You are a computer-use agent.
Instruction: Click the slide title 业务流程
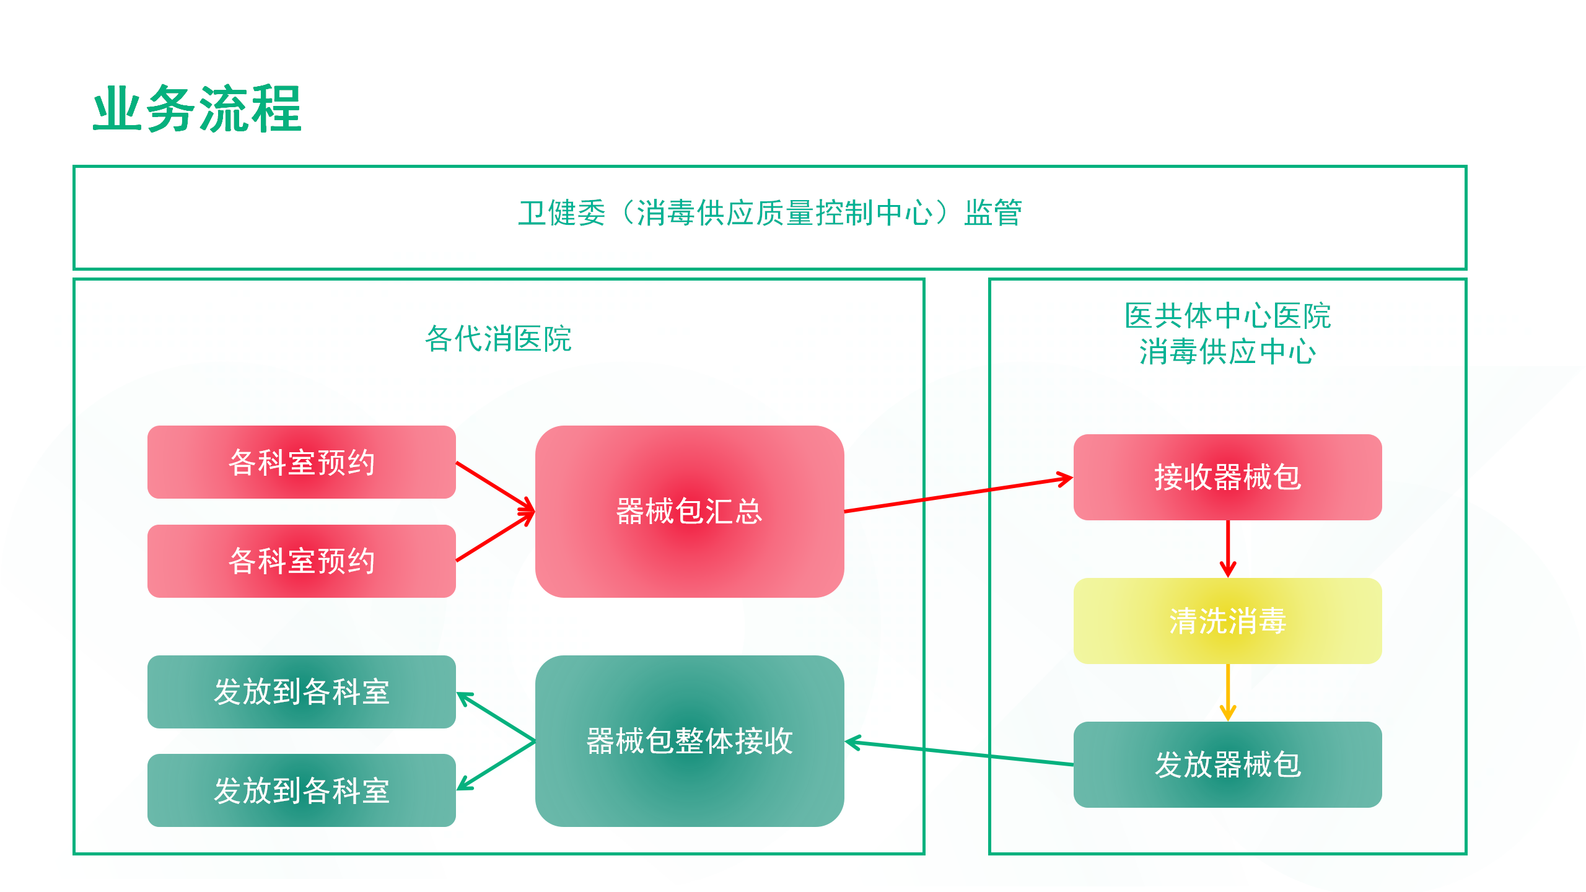[197, 109]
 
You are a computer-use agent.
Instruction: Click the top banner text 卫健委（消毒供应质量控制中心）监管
[769, 214]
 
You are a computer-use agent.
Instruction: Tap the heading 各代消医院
[498, 339]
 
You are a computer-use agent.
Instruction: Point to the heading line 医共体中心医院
[1227, 317]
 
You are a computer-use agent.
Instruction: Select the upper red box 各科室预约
[301, 462]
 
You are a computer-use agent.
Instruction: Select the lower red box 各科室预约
[301, 561]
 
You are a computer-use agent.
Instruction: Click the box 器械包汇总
[689, 512]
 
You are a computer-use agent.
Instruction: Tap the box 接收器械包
[1227, 477]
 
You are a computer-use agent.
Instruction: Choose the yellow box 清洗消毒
[1227, 621]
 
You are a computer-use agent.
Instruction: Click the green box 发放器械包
[1227, 764]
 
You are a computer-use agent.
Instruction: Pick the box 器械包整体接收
[689, 741]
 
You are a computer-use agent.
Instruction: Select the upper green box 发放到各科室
[301, 692]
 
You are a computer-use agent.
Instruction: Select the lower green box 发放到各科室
[301, 790]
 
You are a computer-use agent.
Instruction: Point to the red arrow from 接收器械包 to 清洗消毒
[1228, 549]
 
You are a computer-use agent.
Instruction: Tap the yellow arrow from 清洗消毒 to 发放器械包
[1228, 693]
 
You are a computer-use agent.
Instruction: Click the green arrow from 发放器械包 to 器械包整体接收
[959, 753]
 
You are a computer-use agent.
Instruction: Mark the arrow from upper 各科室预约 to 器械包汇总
[495, 487]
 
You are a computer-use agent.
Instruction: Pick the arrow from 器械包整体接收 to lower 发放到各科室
[496, 766]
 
